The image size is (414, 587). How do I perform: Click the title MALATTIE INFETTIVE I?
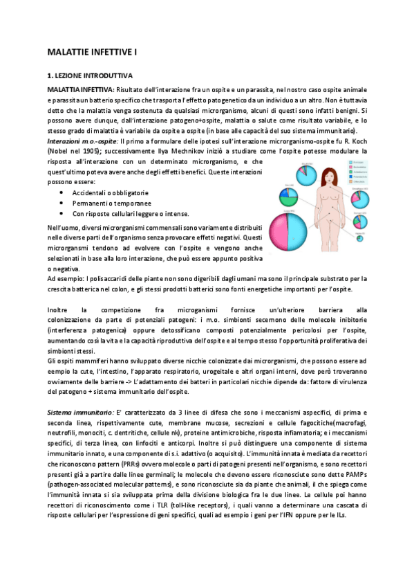pyautogui.click(x=88, y=52)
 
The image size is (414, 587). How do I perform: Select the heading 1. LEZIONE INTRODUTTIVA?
pyautogui.click(x=90, y=74)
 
